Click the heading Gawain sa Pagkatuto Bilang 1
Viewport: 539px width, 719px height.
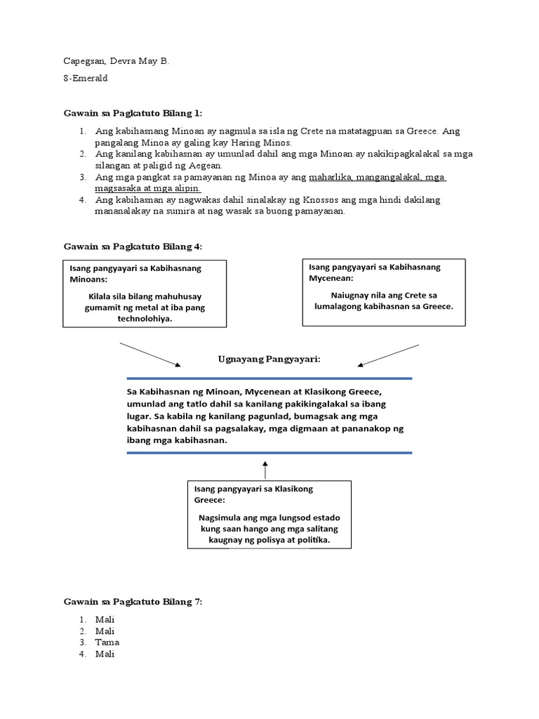click(x=133, y=113)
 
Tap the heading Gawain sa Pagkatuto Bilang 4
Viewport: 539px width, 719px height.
click(x=133, y=246)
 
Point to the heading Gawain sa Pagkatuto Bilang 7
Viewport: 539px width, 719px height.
click(x=133, y=602)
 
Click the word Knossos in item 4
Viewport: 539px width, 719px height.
click(x=284, y=200)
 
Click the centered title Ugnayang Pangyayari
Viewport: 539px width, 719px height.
click(x=269, y=359)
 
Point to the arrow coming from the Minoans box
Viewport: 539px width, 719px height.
click(x=150, y=355)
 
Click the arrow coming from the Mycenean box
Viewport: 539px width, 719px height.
click(x=388, y=355)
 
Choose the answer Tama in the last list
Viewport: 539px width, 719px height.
click(x=107, y=642)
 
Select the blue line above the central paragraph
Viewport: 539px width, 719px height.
click(x=269, y=378)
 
